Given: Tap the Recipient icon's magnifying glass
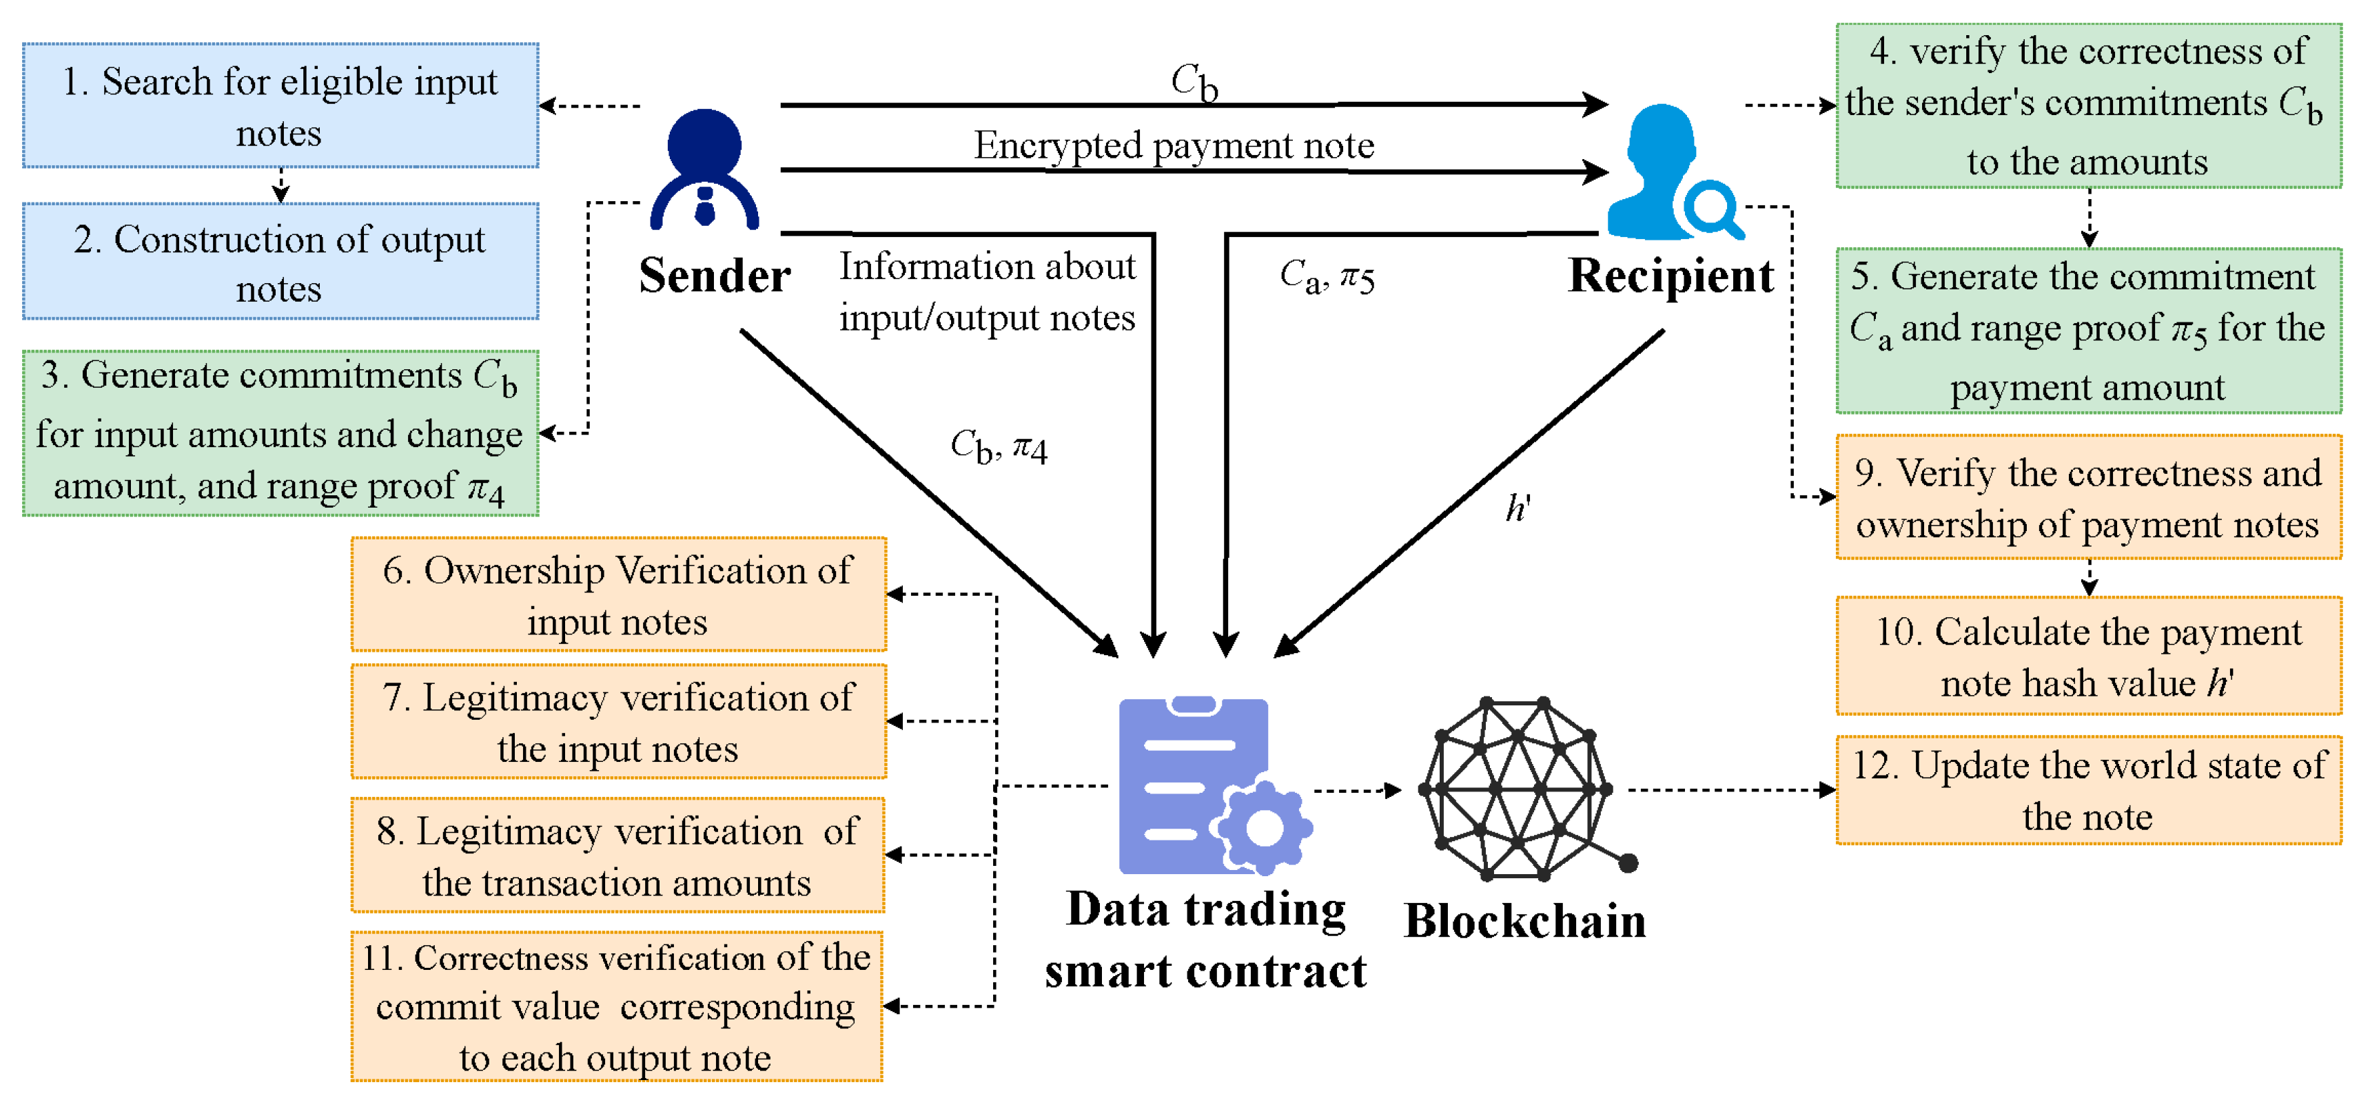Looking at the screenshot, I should pyautogui.click(x=1711, y=209).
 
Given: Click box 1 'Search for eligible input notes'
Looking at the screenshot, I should pyautogui.click(x=280, y=106).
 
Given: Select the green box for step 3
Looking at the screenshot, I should pyautogui.click(x=280, y=432).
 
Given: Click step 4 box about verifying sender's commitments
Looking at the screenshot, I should pyautogui.click(x=2088, y=106).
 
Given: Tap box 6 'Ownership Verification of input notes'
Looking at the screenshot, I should pyautogui.click(x=618, y=595).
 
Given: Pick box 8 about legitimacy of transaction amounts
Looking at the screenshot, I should pyautogui.click(x=618, y=856).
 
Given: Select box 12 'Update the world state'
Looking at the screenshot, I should pyautogui.click(x=2088, y=790).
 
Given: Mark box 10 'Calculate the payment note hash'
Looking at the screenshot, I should pyautogui.click(x=2088, y=656).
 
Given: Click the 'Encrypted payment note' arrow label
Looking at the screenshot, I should pyautogui.click(x=1174, y=145).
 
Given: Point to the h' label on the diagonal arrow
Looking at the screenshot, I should pyautogui.click(x=1517, y=508).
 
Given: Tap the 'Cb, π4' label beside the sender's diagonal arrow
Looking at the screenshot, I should pyautogui.click(x=998, y=448).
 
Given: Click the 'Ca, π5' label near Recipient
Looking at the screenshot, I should pyautogui.click(x=1327, y=276).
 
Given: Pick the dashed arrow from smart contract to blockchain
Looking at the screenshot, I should pyautogui.click(x=1357, y=790).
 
